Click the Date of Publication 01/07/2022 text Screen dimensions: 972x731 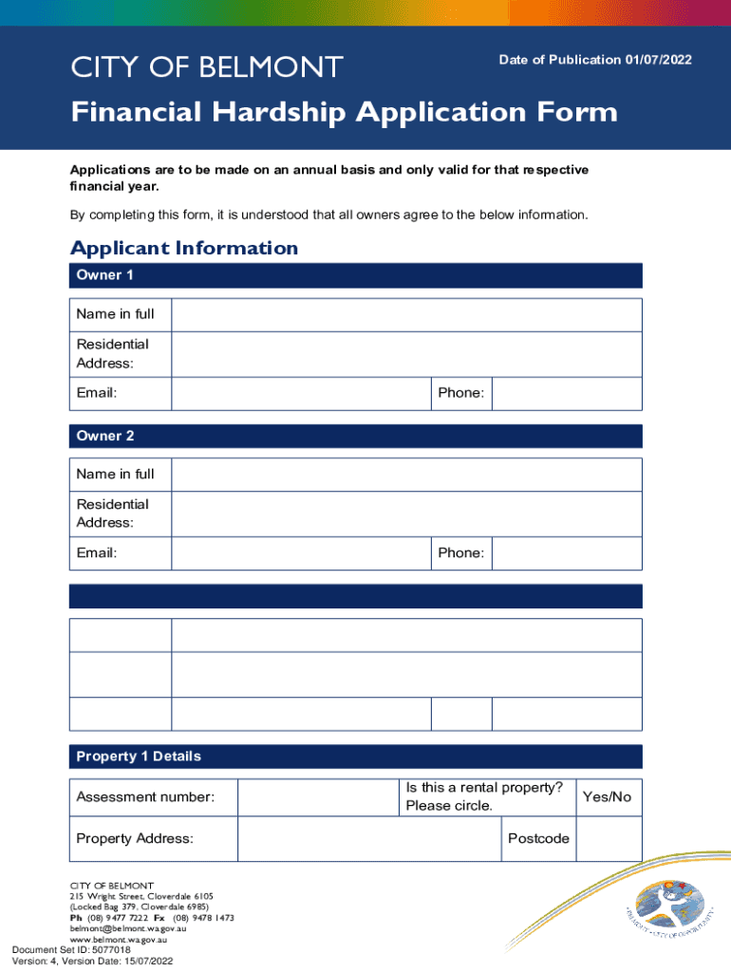coord(595,60)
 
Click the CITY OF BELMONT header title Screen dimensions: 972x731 coord(207,67)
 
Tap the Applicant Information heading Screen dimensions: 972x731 coord(184,248)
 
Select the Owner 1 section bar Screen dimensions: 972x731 coord(356,275)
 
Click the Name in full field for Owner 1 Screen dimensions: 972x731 coord(405,314)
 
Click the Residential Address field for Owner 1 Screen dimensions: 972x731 coord(405,354)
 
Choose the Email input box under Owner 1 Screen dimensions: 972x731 coord(301,393)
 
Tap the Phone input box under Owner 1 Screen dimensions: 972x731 coord(567,393)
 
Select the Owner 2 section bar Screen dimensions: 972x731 coord(356,436)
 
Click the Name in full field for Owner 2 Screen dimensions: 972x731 coord(405,475)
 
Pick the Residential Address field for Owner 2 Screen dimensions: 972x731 coord(405,514)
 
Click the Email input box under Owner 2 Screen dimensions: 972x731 coord(301,552)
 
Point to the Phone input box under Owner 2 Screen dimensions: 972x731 coord(567,552)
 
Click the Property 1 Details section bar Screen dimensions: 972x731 coord(356,757)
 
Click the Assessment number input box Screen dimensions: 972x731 coord(316,797)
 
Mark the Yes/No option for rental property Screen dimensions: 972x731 coord(607,797)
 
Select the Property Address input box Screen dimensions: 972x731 coord(368,839)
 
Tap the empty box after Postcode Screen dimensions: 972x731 coord(609,839)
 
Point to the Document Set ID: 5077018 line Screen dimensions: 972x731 coord(71,949)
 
